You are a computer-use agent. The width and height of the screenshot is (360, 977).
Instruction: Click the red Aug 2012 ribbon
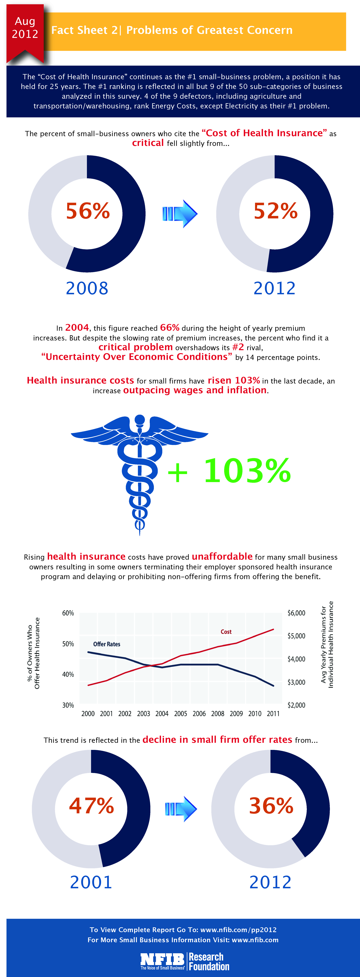pyautogui.click(x=25, y=32)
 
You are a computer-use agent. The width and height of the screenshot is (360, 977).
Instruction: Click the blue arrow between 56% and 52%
pyautogui.click(x=180, y=213)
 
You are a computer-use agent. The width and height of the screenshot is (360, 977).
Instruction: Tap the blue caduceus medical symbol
pyautogui.click(x=140, y=474)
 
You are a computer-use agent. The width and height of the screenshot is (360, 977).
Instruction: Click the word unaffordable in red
pyautogui.click(x=222, y=556)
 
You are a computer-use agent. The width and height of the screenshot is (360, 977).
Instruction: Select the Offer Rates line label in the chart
pyautogui.click(x=107, y=644)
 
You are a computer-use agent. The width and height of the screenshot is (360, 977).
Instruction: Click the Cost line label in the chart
pyautogui.click(x=226, y=631)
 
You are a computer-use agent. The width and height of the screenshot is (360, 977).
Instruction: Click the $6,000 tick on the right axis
pyautogui.click(x=296, y=613)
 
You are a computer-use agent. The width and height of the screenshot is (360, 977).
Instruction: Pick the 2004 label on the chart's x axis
pyautogui.click(x=162, y=713)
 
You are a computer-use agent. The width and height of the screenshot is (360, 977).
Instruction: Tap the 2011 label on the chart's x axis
pyautogui.click(x=273, y=713)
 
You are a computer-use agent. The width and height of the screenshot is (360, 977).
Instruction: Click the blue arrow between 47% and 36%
pyautogui.click(x=181, y=809)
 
